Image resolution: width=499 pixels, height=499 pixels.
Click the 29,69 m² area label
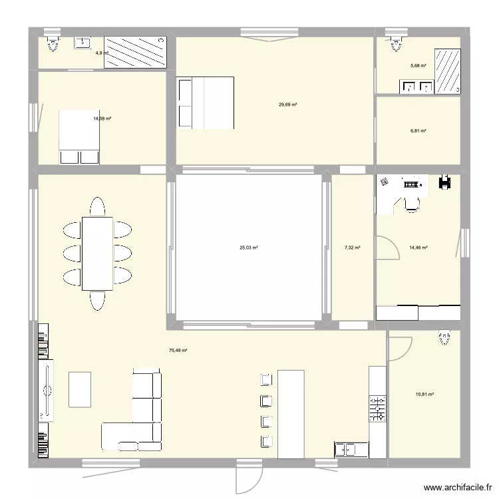click(x=287, y=104)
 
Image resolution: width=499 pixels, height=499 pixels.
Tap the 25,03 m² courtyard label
click(x=249, y=248)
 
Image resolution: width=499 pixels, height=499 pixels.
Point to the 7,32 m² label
click(x=353, y=248)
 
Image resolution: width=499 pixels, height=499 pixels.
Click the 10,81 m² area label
click(x=424, y=395)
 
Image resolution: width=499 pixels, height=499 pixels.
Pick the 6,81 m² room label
click(x=418, y=131)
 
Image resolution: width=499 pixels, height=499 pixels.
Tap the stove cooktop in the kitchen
click(x=378, y=408)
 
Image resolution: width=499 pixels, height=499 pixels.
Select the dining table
click(x=97, y=253)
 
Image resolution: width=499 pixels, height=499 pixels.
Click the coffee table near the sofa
click(x=80, y=389)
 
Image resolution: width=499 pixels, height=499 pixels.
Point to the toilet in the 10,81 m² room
click(x=443, y=339)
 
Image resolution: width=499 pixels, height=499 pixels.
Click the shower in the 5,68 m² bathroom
click(x=447, y=70)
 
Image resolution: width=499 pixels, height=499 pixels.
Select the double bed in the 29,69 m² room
click(x=205, y=102)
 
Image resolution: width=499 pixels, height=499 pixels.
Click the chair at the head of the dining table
click(x=97, y=206)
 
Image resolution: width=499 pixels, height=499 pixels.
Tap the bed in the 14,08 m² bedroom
click(x=80, y=136)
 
